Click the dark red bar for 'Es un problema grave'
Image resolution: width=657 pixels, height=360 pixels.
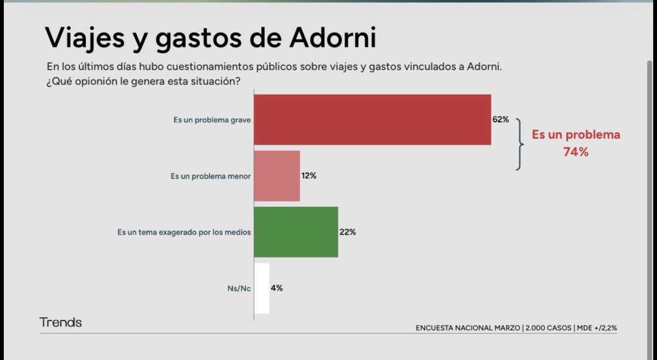coord(372,120)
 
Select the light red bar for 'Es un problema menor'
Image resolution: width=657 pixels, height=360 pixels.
coord(277,176)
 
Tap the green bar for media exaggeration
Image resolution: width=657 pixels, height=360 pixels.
coord(296,232)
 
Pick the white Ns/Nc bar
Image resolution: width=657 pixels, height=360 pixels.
coord(262,288)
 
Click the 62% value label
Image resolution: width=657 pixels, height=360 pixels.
coord(500,119)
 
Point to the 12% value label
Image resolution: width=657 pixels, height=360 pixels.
coord(309,176)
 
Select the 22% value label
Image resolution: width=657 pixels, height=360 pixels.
coord(347,232)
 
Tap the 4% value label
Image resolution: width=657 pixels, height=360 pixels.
coord(276,288)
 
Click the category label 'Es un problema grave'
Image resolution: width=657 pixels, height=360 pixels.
coord(212,120)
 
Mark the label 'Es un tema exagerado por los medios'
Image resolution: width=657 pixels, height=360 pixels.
coord(184,232)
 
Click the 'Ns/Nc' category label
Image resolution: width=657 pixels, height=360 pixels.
coord(239,288)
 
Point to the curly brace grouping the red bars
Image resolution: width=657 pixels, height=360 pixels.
coord(519,144)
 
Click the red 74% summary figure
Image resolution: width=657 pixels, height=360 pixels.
coord(575,153)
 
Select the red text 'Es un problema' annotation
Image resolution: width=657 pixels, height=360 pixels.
coord(576,135)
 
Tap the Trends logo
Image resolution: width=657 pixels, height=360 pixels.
coord(60,322)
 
